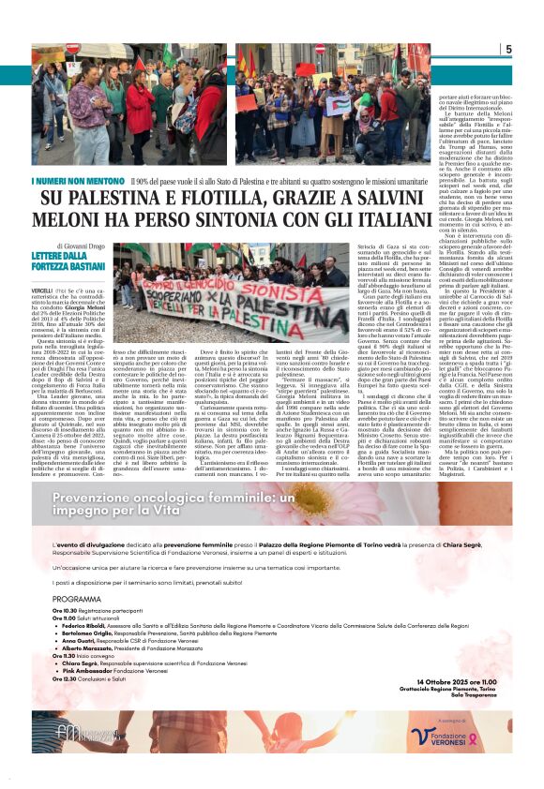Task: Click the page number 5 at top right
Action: (x=507, y=50)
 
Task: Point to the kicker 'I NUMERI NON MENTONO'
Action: (x=90, y=181)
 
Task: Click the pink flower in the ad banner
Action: (x=450, y=511)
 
